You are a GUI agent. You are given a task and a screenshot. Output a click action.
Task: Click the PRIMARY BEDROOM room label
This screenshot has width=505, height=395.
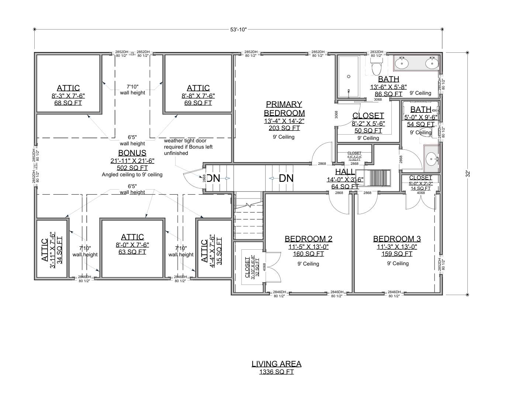pos(284,109)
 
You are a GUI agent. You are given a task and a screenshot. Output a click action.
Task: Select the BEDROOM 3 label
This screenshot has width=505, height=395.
pos(397,239)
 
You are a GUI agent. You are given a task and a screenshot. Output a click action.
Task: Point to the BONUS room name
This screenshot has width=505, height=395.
pos(132,153)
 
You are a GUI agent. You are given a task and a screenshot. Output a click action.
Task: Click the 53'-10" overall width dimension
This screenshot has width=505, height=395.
pos(238,30)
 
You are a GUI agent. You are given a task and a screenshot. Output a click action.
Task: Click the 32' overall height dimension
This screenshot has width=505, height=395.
pos(467,173)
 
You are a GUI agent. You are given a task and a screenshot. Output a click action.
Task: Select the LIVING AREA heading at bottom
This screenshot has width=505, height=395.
pos(276,364)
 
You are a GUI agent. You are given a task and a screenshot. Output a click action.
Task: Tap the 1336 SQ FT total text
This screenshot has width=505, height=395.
pos(276,372)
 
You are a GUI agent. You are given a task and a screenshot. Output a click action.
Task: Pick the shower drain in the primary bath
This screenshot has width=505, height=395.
pos(348,77)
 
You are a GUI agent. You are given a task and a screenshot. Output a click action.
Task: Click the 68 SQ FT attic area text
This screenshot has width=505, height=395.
pos(68,103)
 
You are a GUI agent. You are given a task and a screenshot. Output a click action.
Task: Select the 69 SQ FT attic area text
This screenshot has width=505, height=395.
pos(198,103)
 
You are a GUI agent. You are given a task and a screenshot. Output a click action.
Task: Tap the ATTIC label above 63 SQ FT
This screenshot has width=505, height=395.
pos(132,237)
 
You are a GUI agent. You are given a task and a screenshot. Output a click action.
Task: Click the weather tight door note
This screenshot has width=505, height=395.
pos(188,147)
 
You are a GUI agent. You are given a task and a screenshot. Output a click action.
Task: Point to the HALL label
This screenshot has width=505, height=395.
pos(345,172)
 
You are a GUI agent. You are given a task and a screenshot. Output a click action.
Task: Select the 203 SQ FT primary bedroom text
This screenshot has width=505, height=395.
pos(284,128)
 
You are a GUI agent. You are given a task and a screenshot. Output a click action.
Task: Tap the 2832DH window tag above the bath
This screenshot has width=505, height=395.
pos(377,52)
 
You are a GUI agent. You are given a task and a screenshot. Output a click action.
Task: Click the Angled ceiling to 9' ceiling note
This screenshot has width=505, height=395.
pos(132,175)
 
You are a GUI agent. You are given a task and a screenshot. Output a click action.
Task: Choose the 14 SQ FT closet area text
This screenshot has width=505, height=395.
pos(420,188)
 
